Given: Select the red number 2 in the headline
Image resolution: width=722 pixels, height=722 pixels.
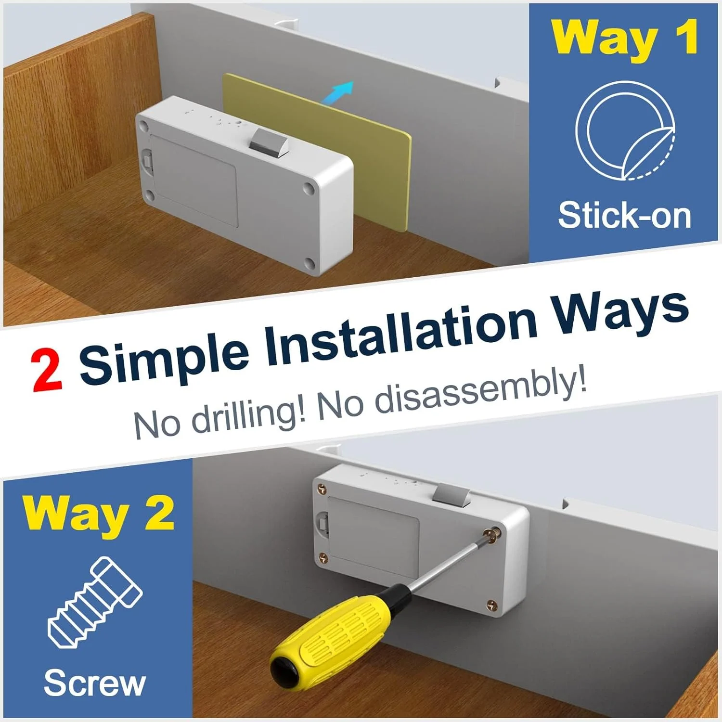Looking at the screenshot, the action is pos(47,371).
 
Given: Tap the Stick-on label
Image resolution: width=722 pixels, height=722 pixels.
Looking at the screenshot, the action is pos(624,215).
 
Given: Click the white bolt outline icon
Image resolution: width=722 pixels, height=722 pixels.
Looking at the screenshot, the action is pos(95,602).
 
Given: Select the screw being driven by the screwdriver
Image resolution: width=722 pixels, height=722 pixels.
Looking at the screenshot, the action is pos(492,534).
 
